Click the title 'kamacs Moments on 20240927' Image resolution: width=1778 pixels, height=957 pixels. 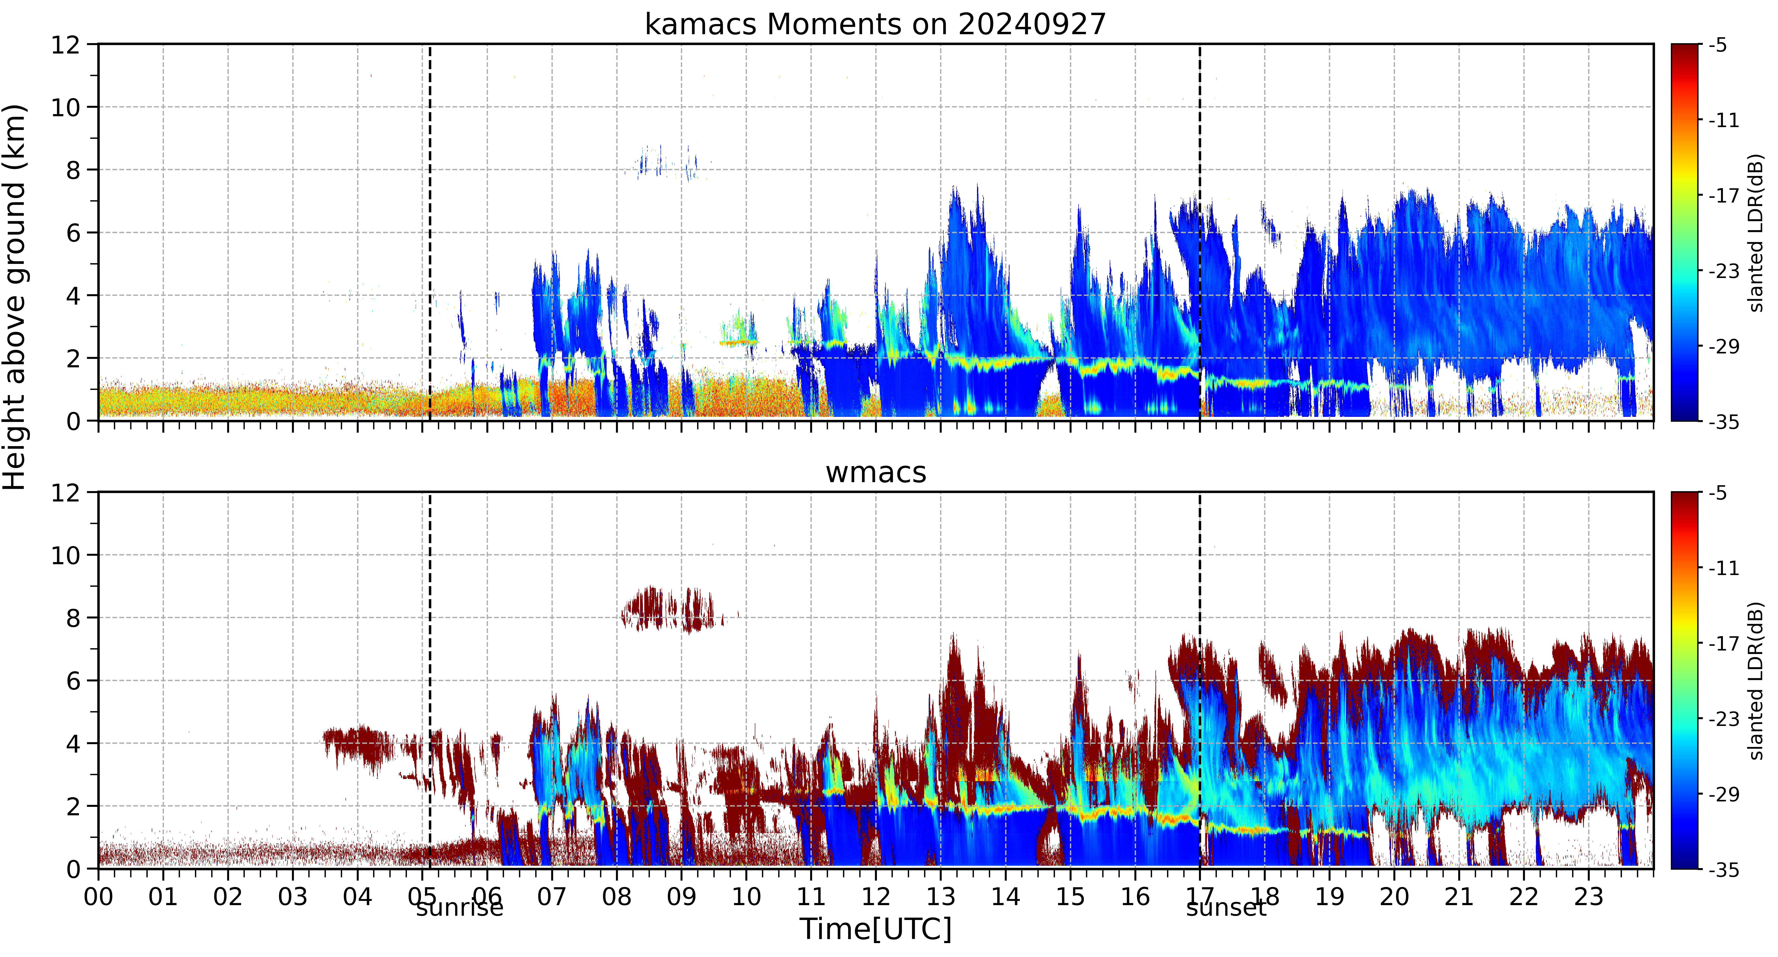click(875, 24)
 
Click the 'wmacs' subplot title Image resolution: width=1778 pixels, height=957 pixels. click(876, 472)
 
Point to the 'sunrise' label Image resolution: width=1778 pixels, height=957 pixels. click(460, 907)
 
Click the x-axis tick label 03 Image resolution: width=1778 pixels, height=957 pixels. click(293, 897)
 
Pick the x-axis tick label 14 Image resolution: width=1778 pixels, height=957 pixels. click(1006, 897)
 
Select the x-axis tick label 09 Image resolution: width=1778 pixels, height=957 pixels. click(681, 897)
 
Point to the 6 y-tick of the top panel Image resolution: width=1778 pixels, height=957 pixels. click(73, 233)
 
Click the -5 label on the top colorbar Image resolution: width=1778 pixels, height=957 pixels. click(1718, 46)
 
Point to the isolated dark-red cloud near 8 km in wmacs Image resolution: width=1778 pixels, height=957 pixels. click(669, 610)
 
